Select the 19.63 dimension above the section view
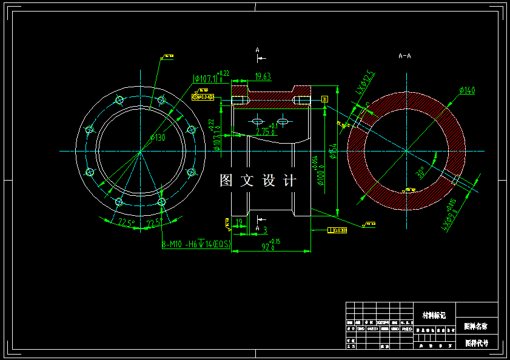click(263, 76)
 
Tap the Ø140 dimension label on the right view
click(467, 90)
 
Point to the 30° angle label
click(419, 173)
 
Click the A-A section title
click(404, 56)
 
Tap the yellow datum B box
click(324, 98)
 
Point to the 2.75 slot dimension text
click(265, 130)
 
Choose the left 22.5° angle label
click(126, 223)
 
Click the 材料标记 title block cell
click(434, 315)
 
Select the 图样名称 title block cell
click(476, 326)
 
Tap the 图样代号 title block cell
click(476, 342)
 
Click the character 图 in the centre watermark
click(226, 180)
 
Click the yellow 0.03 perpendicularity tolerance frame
click(337, 230)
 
